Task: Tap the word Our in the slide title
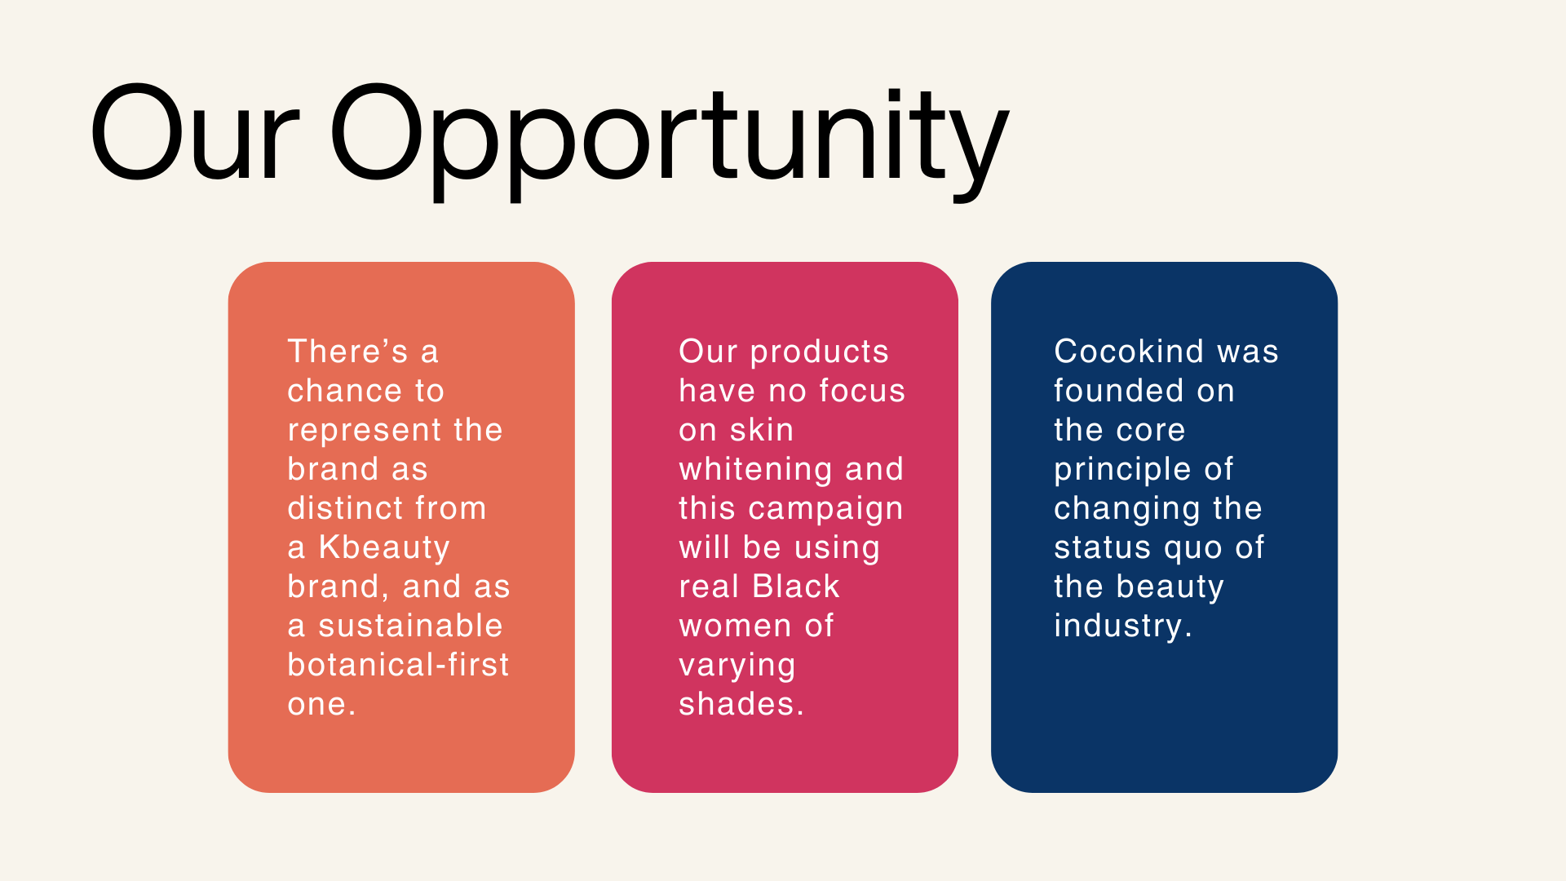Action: (195, 133)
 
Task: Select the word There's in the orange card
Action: (348, 352)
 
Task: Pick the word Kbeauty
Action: (384, 547)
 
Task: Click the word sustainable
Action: (410, 626)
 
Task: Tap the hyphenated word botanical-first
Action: (399, 665)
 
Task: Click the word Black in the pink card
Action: (796, 587)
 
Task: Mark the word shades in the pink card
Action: (737, 704)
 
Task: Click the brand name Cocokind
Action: (1129, 352)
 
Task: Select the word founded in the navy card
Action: (1118, 391)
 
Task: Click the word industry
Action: (1117, 626)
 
